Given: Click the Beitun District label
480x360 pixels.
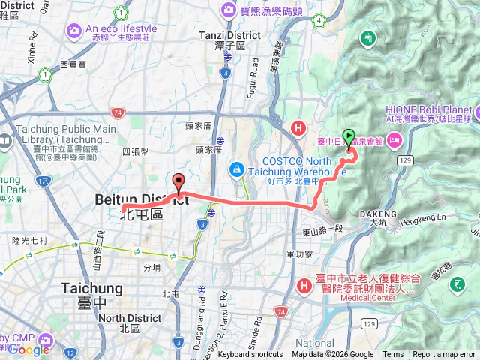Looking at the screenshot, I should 142,199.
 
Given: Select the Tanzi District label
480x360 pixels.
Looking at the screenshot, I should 229,35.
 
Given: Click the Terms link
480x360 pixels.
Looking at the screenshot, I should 393,355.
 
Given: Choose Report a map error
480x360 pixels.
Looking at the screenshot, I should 444,355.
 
